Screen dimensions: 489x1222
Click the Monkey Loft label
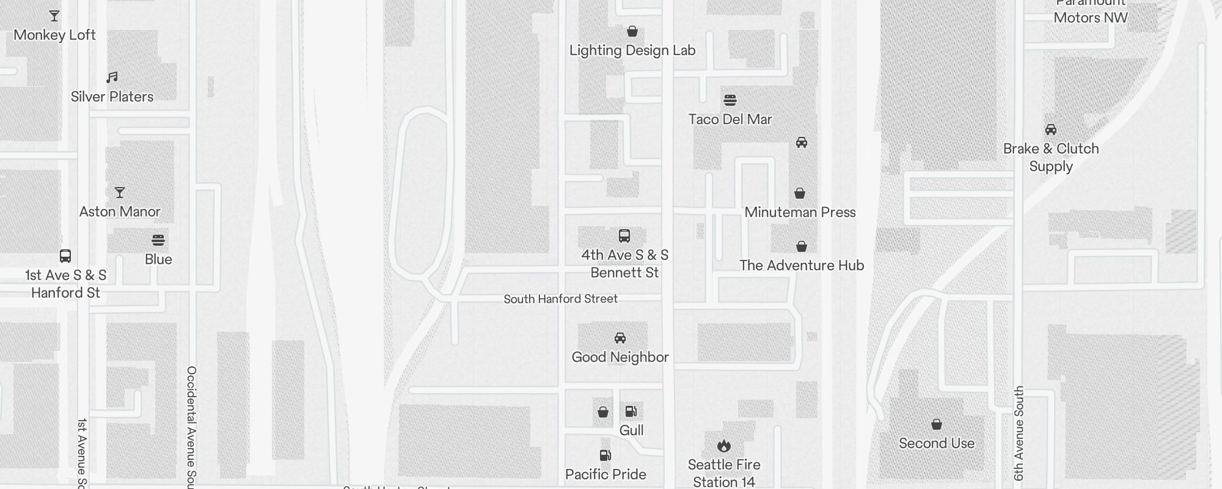point(54,35)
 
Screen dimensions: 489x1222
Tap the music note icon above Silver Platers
point(112,78)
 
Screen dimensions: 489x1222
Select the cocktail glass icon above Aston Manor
point(120,193)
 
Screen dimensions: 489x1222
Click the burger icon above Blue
point(158,240)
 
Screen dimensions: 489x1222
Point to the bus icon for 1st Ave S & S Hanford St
point(65,256)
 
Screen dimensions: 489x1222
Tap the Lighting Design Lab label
point(632,50)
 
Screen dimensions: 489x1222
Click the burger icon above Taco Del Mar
point(730,100)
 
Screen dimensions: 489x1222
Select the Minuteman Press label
point(800,212)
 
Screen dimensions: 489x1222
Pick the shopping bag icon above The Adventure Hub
point(802,246)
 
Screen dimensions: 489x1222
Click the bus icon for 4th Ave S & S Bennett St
point(624,236)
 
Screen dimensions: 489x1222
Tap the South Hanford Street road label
point(560,299)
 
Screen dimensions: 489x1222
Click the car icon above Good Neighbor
point(620,338)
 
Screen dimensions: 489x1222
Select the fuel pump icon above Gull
point(631,411)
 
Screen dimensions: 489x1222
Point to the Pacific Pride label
point(606,474)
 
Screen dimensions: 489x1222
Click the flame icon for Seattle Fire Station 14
point(724,446)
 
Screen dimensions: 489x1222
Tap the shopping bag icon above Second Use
point(937,424)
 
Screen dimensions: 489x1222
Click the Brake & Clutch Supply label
point(1051,157)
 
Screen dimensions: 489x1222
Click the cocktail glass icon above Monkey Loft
point(54,16)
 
